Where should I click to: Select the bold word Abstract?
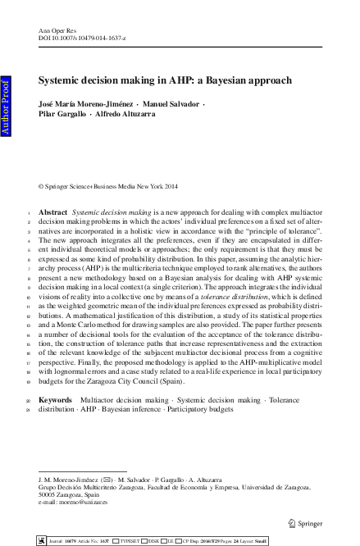click(52, 212)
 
